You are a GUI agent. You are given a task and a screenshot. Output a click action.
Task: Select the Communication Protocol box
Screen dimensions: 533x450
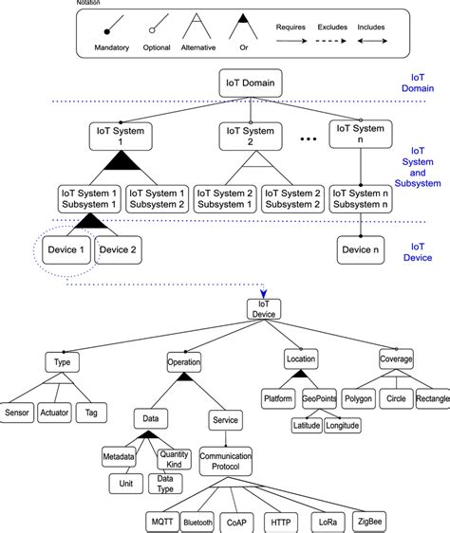pos(225,462)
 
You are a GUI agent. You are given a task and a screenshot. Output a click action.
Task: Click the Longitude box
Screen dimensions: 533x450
pos(343,426)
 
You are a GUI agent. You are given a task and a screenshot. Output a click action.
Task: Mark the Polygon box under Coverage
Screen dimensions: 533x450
pos(358,399)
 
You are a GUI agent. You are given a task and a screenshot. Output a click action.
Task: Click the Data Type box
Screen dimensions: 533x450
pos(165,484)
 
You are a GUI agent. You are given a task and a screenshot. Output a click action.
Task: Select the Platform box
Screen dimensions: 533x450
pos(279,399)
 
